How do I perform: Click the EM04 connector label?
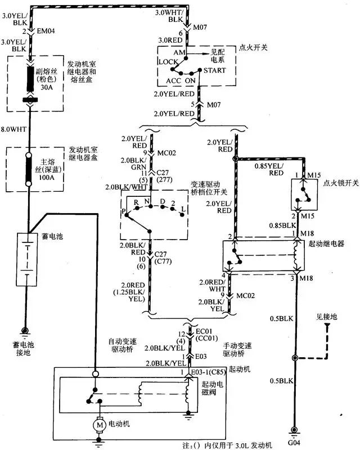pyautogui.click(x=47, y=32)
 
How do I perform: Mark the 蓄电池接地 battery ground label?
pyautogui.click(x=25, y=348)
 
